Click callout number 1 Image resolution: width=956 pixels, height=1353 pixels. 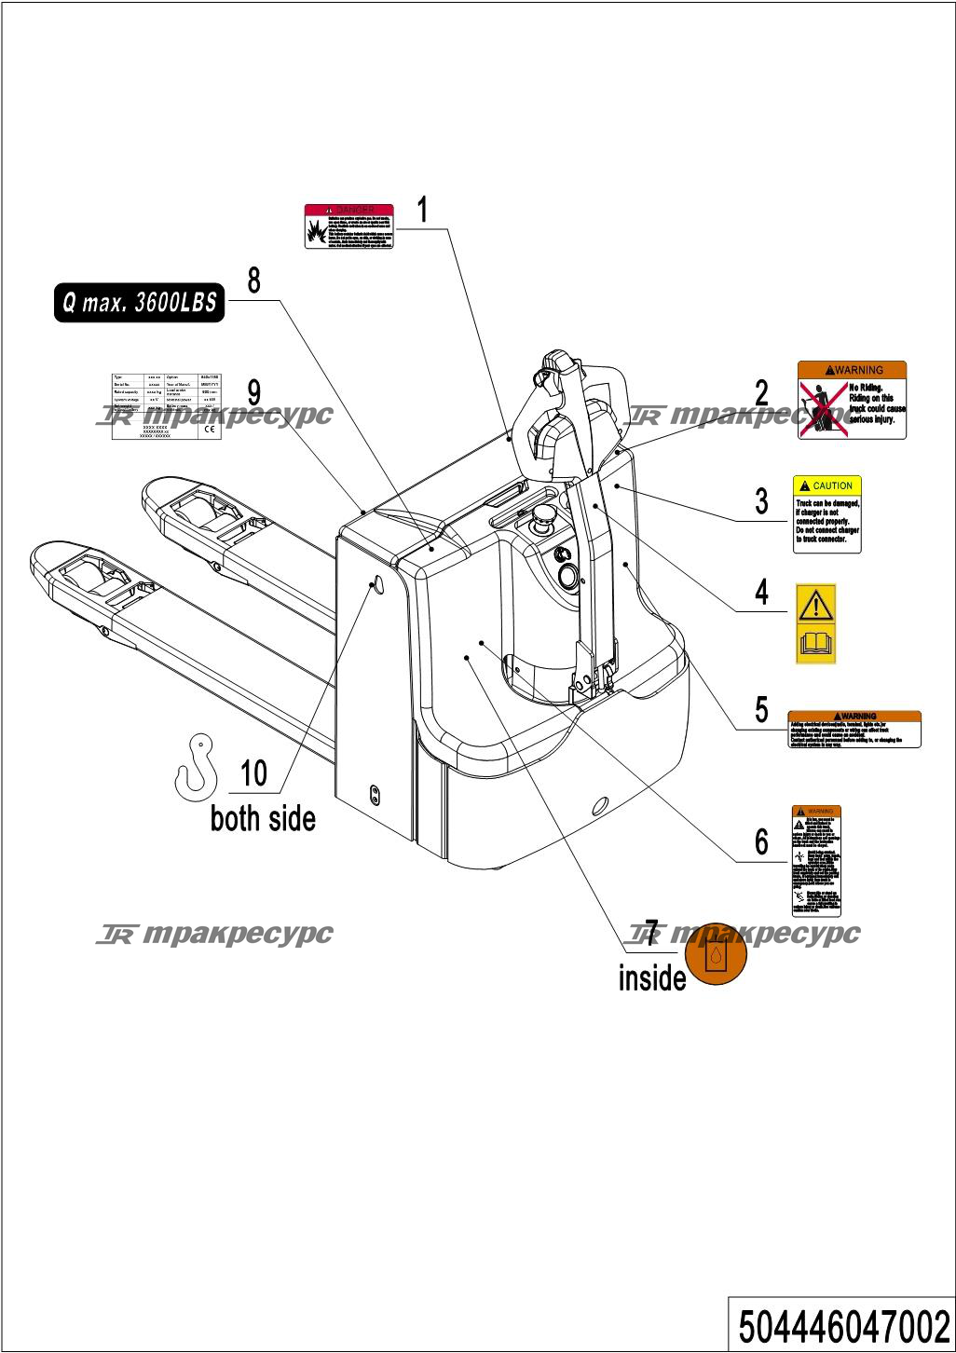pyautogui.click(x=422, y=211)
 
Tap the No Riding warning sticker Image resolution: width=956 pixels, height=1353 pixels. pyautogui.click(x=852, y=400)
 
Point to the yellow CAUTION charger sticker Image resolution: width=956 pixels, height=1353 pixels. pyautogui.click(x=826, y=514)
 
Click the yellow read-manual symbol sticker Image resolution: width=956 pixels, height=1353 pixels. pyautogui.click(x=815, y=624)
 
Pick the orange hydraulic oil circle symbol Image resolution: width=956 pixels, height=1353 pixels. pyautogui.click(x=715, y=954)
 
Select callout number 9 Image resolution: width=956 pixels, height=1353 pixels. pyautogui.click(x=253, y=391)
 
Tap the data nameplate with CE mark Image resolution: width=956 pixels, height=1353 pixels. pyautogui.click(x=166, y=406)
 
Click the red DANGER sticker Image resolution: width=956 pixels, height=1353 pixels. pyautogui.click(x=349, y=226)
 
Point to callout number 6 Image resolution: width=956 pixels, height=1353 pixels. pyautogui.click(x=761, y=842)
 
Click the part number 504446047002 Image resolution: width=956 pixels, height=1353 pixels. pyautogui.click(x=843, y=1324)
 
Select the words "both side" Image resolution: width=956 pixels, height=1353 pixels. pyautogui.click(x=263, y=819)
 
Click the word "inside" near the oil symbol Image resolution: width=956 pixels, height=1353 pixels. pyautogui.click(x=652, y=977)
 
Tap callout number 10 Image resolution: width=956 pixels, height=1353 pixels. pyautogui.click(x=253, y=773)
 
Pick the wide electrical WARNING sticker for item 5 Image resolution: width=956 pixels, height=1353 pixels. pyautogui.click(x=854, y=730)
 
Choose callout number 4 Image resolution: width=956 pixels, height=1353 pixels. pyautogui.click(x=761, y=593)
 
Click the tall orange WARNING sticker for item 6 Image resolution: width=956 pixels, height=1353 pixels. pyautogui.click(x=815, y=861)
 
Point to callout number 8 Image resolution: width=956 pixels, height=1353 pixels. pyautogui.click(x=253, y=280)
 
